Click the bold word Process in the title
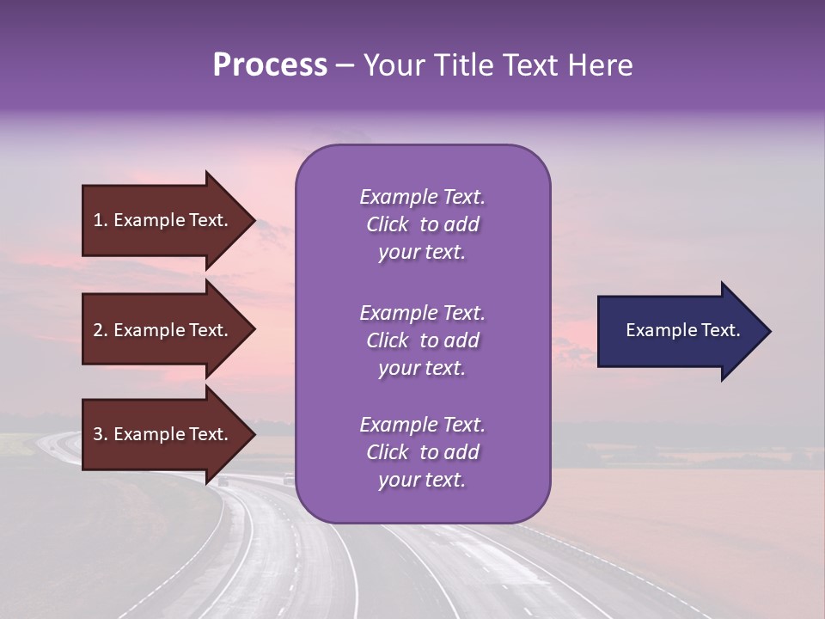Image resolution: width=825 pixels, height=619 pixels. (x=270, y=65)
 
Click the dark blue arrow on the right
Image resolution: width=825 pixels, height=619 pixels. (x=679, y=331)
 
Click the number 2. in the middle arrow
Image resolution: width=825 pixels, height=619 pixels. (x=100, y=330)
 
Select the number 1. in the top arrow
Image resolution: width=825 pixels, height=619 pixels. (x=100, y=220)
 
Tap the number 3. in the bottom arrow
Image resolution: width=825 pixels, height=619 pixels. (x=100, y=434)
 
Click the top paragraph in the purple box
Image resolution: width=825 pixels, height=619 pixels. (x=422, y=224)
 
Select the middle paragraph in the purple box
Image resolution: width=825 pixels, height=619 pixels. (x=422, y=340)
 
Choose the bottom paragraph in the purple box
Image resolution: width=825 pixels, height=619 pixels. (x=422, y=452)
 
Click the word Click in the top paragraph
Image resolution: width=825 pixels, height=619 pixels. (x=388, y=225)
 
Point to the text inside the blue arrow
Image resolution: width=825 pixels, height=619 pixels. (x=682, y=330)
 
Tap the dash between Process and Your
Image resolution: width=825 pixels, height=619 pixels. (x=345, y=66)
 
